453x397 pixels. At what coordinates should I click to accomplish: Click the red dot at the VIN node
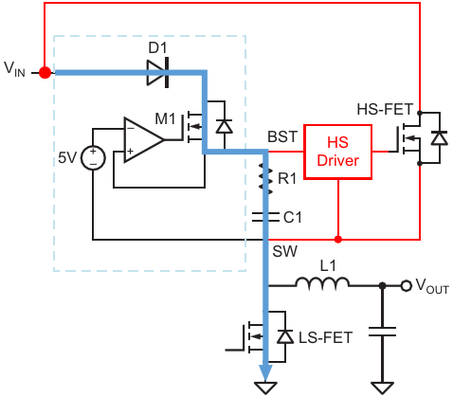pos(45,73)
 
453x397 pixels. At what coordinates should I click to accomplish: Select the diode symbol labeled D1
pos(157,73)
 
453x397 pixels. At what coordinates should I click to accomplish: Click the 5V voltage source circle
pos(93,158)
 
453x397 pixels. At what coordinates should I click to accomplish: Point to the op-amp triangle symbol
pos(144,140)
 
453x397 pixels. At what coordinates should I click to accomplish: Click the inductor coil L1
pos(322,283)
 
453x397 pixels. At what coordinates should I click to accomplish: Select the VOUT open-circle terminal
pos(407,286)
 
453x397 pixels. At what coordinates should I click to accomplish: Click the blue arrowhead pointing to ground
pos(265,372)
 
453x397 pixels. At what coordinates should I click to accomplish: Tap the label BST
pos(282,136)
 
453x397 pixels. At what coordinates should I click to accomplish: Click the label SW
pos(285,251)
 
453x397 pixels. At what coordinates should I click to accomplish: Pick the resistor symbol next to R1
pos(265,178)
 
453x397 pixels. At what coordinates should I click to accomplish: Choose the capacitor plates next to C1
pos(265,217)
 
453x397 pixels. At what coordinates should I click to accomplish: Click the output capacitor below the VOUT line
pos(382,332)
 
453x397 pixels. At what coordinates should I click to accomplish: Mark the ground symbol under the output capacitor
pos(382,388)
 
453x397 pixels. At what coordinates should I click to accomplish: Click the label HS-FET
pos(385,110)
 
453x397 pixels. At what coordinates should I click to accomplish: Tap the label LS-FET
pos(325,337)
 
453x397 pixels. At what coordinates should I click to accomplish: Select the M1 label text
pos(165,119)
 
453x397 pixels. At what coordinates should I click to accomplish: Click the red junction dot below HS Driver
pos(338,240)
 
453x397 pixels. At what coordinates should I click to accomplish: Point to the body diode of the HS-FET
pos(440,138)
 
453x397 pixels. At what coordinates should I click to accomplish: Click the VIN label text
pos(14,69)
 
